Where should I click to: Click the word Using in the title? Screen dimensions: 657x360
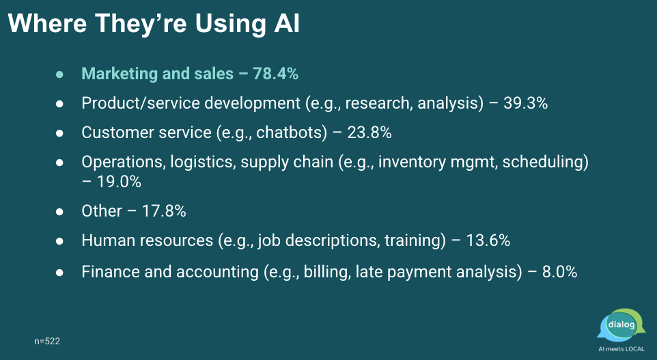click(231, 23)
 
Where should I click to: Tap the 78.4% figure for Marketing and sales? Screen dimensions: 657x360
click(276, 74)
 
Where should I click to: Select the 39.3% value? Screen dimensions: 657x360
click(525, 103)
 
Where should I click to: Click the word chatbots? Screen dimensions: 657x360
click(291, 133)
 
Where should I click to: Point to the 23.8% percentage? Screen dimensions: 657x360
click(369, 133)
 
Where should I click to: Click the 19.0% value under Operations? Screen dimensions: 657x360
click(119, 182)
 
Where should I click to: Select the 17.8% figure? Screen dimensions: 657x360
click(164, 211)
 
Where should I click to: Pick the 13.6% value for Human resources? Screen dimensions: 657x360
click(488, 240)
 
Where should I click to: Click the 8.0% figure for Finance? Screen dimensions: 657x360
click(560, 272)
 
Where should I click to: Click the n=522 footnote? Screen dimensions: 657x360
click(47, 341)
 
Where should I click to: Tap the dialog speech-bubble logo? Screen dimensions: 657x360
click(621, 325)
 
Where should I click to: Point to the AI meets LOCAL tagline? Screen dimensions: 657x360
click(621, 348)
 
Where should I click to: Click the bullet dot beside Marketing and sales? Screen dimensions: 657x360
click(59, 74)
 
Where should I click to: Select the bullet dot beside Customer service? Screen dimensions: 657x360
click(59, 133)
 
